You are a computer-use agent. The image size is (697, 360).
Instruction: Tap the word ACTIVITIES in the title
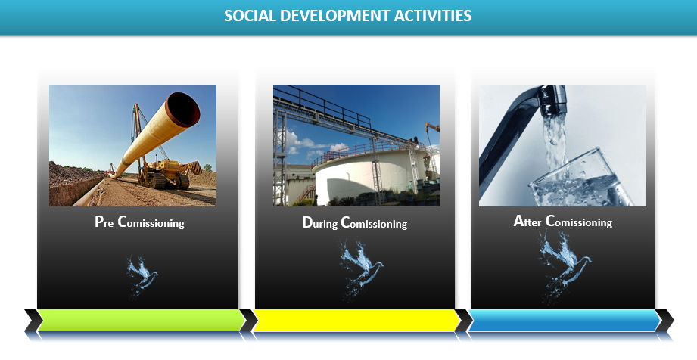433,16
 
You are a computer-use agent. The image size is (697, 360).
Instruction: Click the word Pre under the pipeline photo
104,222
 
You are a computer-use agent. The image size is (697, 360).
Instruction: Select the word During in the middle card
320,223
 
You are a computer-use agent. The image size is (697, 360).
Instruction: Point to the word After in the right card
527,221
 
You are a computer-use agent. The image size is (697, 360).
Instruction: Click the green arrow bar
142,321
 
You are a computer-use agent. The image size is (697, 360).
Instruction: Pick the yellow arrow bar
356,321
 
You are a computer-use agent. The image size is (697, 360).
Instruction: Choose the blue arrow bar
565,321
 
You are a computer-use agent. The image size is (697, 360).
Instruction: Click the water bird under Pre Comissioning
142,275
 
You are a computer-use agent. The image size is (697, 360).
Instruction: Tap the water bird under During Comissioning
360,270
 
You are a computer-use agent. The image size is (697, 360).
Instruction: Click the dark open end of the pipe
182,110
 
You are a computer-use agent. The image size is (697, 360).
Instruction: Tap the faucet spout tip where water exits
554,109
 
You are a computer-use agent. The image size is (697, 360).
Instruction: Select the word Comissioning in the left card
151,222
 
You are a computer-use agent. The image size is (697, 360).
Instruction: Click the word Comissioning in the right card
579,221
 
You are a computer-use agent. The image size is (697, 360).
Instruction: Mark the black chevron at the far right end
664,321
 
